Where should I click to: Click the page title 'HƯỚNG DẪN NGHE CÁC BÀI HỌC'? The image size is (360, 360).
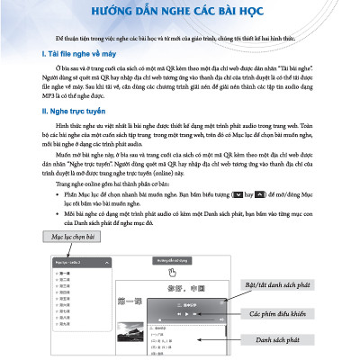pyautogui.click(x=180, y=13)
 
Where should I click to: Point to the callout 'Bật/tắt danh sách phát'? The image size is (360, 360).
pyautogui.click(x=275, y=285)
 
